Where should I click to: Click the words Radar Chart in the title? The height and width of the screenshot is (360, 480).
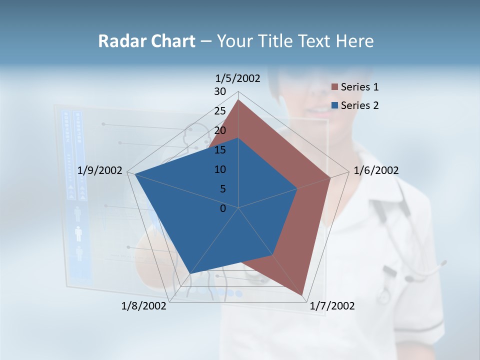146,41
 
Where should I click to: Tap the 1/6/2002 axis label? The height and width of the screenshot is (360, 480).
376,170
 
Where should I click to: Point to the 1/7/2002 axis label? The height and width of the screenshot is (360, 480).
332,306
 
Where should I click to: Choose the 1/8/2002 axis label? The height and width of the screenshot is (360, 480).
144,306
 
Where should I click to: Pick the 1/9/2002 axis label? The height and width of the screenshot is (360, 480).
100,170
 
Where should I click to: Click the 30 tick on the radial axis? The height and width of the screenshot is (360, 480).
220,91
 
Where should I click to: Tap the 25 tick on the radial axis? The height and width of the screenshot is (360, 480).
220,111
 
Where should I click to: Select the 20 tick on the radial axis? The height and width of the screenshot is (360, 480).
220,130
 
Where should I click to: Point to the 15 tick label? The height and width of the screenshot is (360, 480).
220,150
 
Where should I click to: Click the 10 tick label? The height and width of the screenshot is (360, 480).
220,169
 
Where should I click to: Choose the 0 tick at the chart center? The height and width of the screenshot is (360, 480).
223,208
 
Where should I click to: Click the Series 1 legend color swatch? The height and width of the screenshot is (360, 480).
335,87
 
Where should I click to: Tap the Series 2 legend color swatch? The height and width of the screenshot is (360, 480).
335,105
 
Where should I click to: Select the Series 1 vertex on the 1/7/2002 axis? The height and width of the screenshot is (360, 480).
302,295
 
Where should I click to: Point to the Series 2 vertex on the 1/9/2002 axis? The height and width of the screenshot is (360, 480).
135,174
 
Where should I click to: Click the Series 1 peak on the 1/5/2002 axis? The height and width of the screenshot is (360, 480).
238,100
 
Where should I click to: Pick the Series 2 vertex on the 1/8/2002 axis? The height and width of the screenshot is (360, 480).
190,273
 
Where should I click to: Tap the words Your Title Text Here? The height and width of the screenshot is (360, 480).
295,41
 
